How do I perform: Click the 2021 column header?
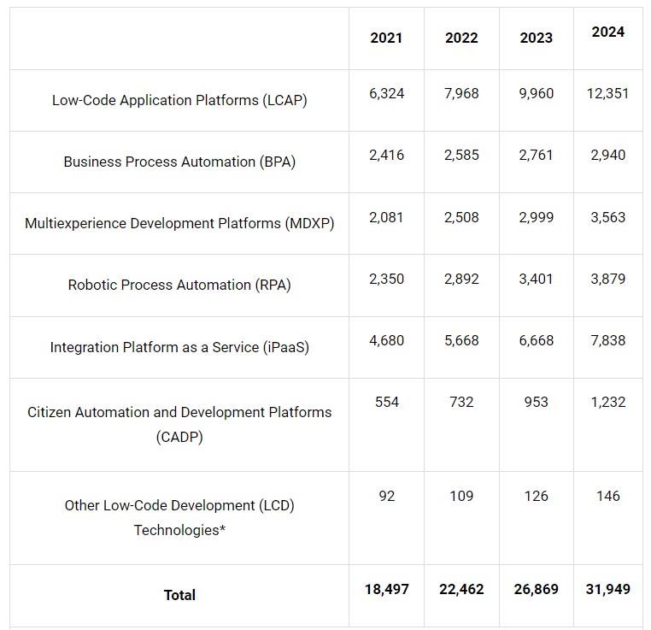(386, 38)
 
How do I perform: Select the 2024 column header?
(607, 32)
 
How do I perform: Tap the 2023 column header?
(536, 38)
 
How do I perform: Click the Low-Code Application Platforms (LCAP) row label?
(179, 100)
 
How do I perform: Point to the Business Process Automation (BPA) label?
(179, 162)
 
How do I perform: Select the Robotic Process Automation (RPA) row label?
(179, 285)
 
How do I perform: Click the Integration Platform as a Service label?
(179, 347)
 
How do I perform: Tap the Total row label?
(179, 595)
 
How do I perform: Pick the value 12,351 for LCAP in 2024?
(607, 93)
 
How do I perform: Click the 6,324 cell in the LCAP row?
(386, 93)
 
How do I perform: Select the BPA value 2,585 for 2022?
(461, 156)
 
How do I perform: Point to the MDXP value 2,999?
(536, 217)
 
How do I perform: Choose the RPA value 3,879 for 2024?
(607, 279)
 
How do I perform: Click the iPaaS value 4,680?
(386, 340)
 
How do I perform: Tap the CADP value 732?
(461, 402)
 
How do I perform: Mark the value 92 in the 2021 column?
(386, 496)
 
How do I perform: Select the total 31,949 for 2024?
(607, 589)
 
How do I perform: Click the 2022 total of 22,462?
(461, 589)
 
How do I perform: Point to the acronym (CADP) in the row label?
(179, 437)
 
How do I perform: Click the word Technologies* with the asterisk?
(179, 530)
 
